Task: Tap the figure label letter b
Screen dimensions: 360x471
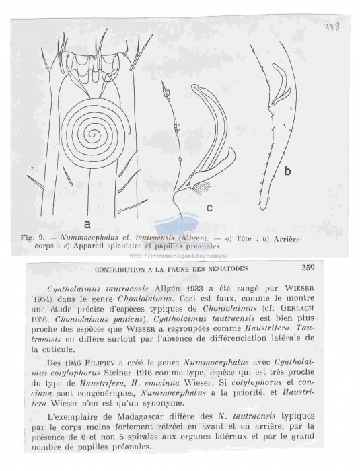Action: click(x=287, y=172)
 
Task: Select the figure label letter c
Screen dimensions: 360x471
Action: click(x=209, y=208)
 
